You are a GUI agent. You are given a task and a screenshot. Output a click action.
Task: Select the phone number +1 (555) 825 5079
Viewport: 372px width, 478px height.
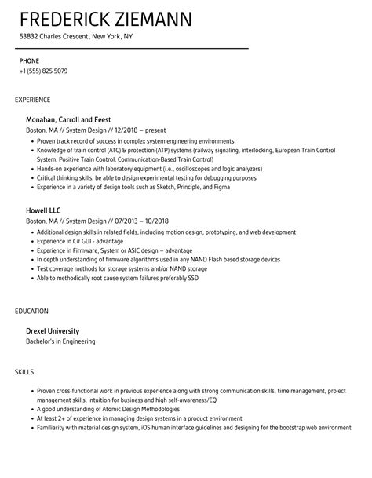click(43, 71)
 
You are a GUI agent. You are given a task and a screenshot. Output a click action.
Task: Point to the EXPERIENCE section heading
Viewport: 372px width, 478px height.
click(32, 100)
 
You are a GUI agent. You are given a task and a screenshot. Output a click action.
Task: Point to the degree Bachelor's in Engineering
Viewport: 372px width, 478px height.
click(60, 341)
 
